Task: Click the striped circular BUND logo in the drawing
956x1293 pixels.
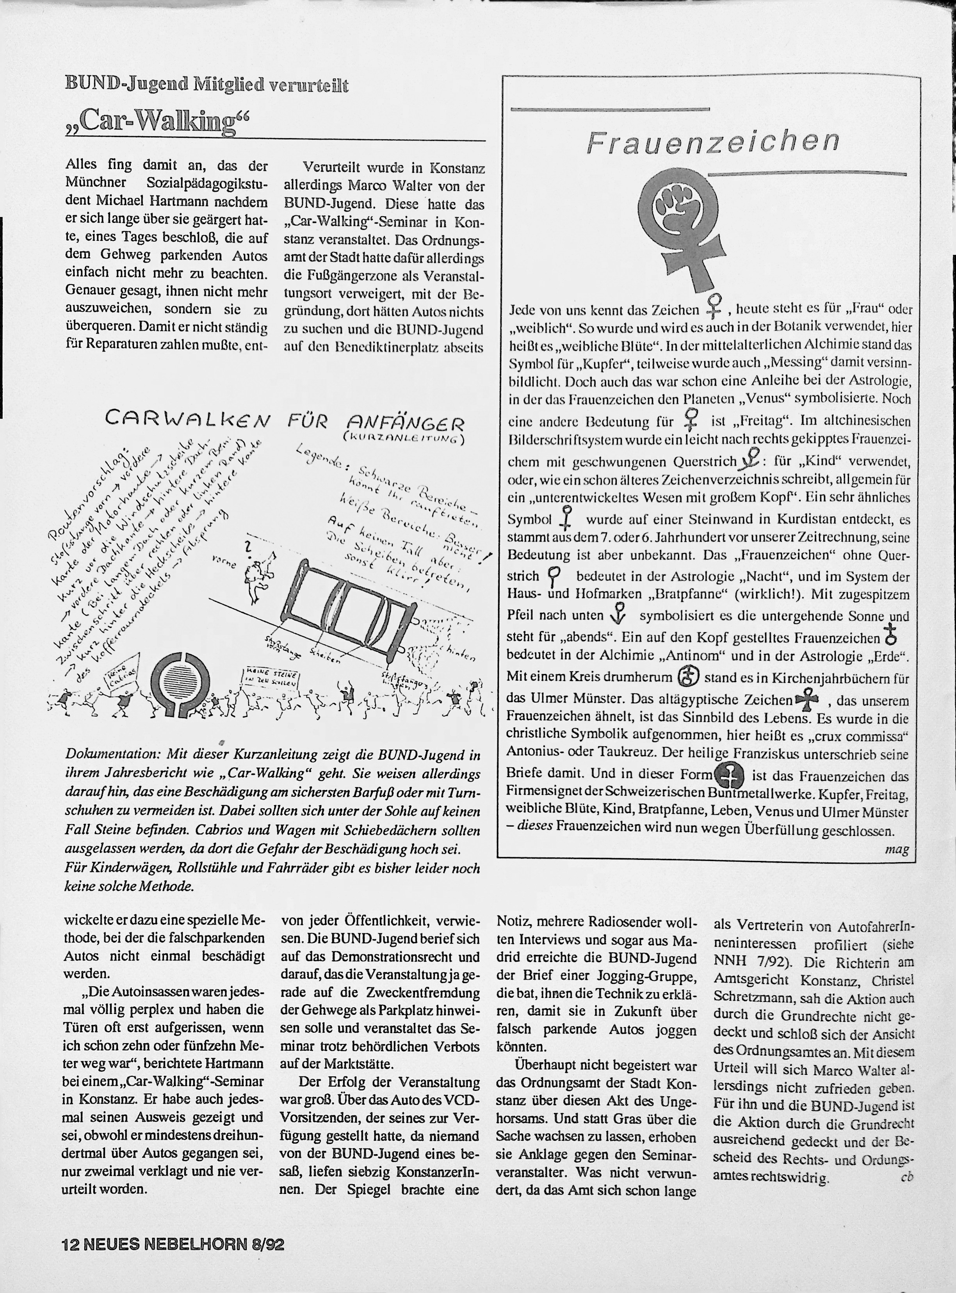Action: (181, 675)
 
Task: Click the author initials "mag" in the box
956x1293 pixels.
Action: (897, 849)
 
